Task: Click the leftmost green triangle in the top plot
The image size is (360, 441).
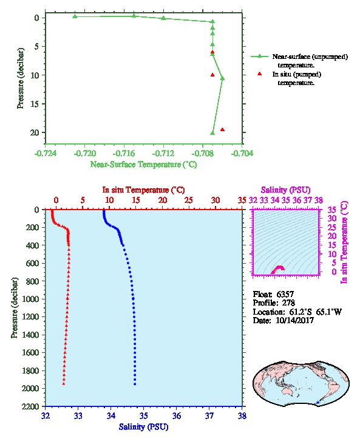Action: tap(75, 16)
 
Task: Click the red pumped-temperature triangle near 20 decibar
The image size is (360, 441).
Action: tap(222, 129)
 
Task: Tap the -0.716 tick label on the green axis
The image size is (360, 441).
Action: tap(124, 153)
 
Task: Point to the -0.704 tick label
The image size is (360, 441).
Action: tap(242, 153)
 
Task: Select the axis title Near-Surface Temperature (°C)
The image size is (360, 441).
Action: tap(143, 164)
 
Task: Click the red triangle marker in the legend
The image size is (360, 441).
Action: tap(259, 73)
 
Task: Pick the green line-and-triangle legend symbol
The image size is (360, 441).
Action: tap(259, 56)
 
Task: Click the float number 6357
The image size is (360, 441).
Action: tap(285, 294)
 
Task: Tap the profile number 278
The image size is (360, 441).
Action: tap(288, 303)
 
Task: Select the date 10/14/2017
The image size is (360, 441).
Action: tap(295, 320)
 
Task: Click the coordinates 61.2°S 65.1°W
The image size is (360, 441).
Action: tap(315, 312)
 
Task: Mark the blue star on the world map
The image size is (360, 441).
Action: tap(318, 403)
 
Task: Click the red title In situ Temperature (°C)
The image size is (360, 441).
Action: tap(143, 190)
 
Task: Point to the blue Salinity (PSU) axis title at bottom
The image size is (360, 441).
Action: tap(143, 427)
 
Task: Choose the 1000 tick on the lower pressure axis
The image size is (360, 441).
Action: tap(31, 299)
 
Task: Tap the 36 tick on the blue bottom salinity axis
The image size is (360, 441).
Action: tap(177, 415)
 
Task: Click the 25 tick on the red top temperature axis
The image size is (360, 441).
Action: tap(189, 200)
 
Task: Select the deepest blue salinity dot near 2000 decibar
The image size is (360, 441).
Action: tap(135, 384)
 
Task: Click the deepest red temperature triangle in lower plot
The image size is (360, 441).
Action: tap(64, 384)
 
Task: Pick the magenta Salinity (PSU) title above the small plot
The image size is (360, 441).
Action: tap(285, 190)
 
